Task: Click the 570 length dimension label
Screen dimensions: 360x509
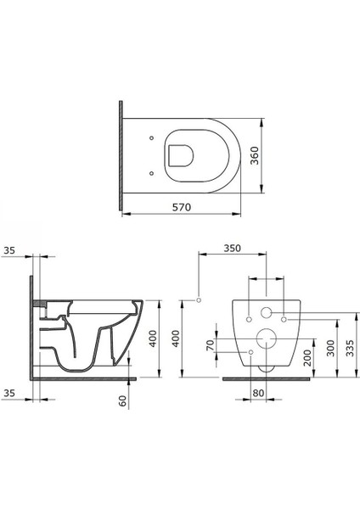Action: pos(182,207)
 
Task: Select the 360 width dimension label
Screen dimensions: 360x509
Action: pos(255,155)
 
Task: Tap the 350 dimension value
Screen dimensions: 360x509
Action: pos(233,248)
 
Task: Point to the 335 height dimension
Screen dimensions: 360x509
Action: pos(350,348)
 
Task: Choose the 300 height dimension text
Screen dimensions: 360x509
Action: pos(330,348)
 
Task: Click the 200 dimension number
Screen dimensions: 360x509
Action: pos(307,357)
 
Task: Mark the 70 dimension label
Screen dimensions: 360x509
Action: pos(211,345)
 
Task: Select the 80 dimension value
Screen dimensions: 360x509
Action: pos(258,393)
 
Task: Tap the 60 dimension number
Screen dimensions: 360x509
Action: pos(123,400)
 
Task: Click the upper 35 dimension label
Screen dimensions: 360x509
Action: pos(9,250)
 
